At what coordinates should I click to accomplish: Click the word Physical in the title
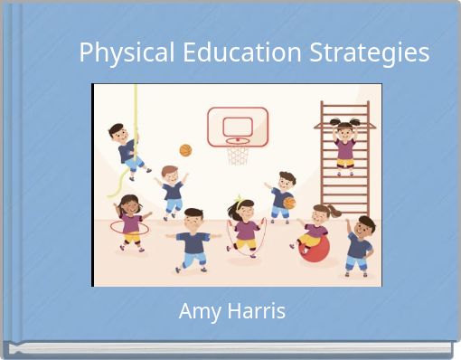tap(127, 53)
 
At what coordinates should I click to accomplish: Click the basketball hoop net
tap(238, 153)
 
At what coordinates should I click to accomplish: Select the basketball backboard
tap(238, 126)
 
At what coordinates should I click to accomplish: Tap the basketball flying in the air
tap(185, 150)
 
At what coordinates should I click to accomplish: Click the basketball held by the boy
tap(289, 203)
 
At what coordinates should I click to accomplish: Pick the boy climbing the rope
tap(130, 147)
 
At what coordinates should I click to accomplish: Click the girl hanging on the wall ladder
tap(345, 143)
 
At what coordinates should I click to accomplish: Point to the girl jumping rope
tap(244, 229)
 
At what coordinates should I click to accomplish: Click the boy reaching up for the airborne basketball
tap(172, 190)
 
